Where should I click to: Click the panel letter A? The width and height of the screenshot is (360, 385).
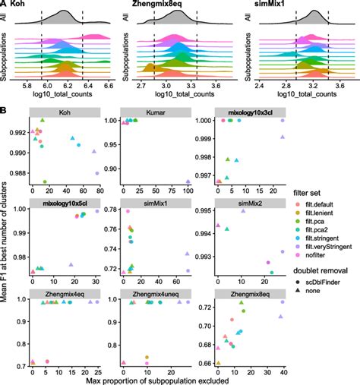[5, 5]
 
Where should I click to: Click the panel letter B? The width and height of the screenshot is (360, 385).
[5, 111]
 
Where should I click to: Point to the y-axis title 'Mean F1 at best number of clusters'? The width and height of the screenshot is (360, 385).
[7, 243]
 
